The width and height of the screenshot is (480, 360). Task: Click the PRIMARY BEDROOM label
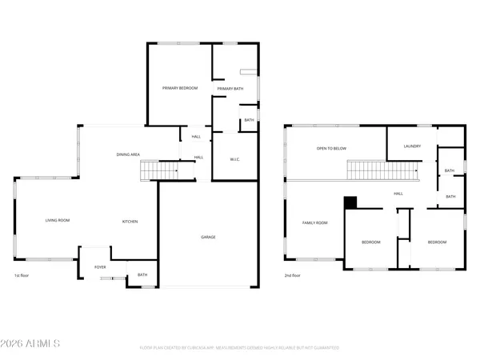180,88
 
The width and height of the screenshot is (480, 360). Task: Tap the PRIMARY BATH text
230,88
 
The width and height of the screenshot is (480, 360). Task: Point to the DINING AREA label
129,154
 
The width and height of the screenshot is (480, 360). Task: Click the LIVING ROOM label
57,221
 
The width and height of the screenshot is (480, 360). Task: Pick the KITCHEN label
131,221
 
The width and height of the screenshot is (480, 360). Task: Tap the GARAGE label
208,237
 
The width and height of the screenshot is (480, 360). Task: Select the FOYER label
100,267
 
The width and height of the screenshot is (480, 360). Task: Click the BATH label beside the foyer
142,275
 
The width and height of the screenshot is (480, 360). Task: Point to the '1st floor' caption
22,275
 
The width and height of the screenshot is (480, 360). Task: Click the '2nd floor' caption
294,275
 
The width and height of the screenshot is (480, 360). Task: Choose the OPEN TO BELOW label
331,149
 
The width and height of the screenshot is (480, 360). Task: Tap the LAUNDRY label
413,146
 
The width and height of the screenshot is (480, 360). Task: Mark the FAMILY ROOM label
315,222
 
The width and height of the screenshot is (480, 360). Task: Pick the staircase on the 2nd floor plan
383,170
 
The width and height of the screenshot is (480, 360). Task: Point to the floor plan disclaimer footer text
239,348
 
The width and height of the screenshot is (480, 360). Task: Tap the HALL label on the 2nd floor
398,194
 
